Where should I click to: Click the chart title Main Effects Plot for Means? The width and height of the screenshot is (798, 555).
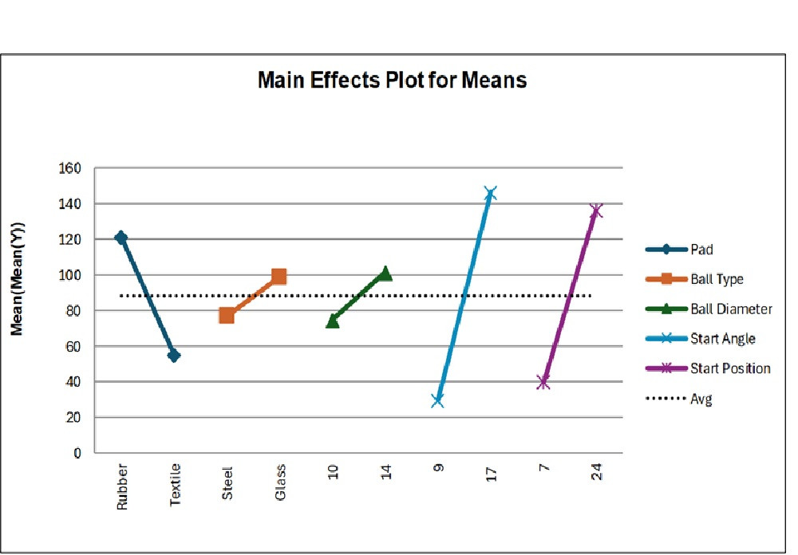pyautogui.click(x=392, y=81)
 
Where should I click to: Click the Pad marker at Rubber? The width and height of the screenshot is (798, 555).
pyautogui.click(x=121, y=238)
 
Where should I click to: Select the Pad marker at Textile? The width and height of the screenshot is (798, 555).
pyautogui.click(x=174, y=356)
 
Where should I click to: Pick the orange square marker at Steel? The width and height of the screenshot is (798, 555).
pyautogui.click(x=227, y=315)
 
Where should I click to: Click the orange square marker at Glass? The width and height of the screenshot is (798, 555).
pyautogui.click(x=279, y=277)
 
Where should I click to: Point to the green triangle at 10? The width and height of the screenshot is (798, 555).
pyautogui.click(x=333, y=321)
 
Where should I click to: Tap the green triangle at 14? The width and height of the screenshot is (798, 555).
pyautogui.click(x=385, y=273)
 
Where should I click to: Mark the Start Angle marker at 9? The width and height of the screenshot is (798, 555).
pyautogui.click(x=437, y=400)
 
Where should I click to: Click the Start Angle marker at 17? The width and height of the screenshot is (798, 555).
pyautogui.click(x=491, y=193)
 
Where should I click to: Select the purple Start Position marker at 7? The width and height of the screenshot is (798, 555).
pyautogui.click(x=543, y=382)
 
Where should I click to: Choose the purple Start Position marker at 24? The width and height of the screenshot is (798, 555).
pyautogui.click(x=596, y=211)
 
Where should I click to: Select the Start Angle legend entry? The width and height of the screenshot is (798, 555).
pyautogui.click(x=722, y=339)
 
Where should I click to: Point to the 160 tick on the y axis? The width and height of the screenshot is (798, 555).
pyautogui.click(x=71, y=168)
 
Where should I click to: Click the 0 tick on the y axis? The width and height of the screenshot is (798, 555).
pyautogui.click(x=77, y=453)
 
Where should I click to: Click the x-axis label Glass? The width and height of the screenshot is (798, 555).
pyautogui.click(x=280, y=483)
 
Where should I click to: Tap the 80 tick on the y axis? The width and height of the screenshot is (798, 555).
pyautogui.click(x=74, y=311)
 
